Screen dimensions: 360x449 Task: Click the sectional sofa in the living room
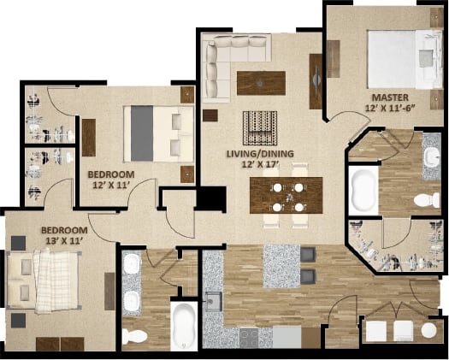[x=224, y=60]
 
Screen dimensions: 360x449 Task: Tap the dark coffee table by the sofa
[x=260, y=81]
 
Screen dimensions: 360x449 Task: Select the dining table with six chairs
[x=286, y=195]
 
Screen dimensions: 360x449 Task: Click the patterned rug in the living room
[x=258, y=128]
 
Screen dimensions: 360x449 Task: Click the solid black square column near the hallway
[x=210, y=198]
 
